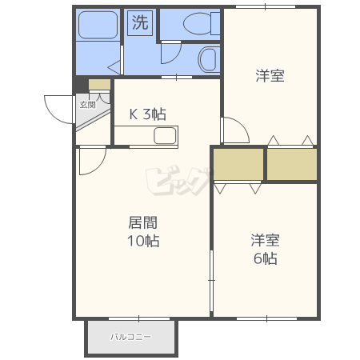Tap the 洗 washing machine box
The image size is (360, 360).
140,22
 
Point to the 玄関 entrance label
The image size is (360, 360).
86,105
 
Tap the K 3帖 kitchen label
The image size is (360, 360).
148,114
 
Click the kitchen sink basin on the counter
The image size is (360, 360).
165,136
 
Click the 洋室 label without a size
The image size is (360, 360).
270,76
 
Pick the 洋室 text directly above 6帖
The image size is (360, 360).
265,239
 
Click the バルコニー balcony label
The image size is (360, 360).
130,337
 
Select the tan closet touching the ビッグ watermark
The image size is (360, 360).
238,165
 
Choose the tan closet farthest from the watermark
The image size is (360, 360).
291,165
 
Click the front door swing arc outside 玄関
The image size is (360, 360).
58,108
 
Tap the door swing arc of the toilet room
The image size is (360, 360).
170,54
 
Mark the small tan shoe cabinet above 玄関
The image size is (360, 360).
100,85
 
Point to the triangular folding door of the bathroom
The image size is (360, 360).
115,64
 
